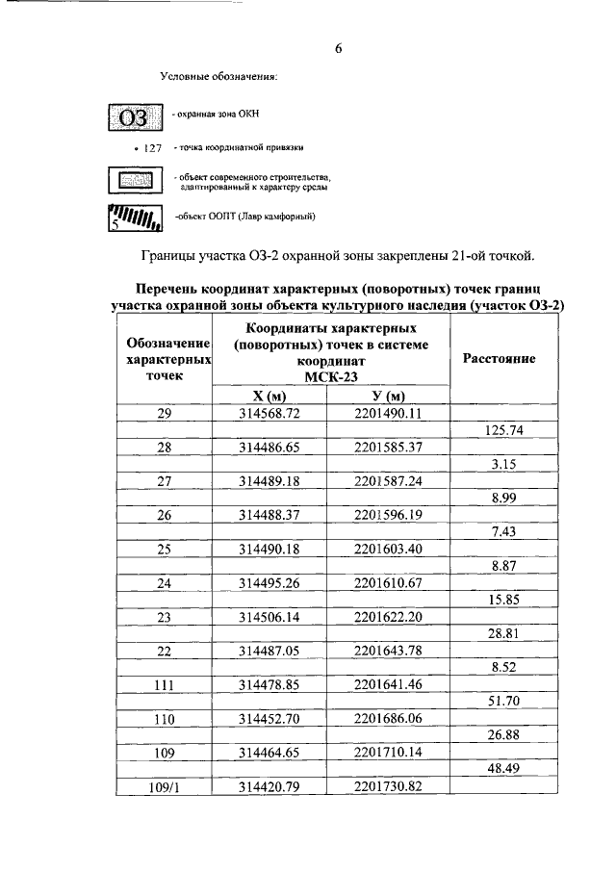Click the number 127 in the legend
click(151, 148)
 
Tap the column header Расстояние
click(500, 358)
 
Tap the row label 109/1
click(164, 787)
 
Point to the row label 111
click(164, 685)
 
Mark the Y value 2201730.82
click(388, 787)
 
